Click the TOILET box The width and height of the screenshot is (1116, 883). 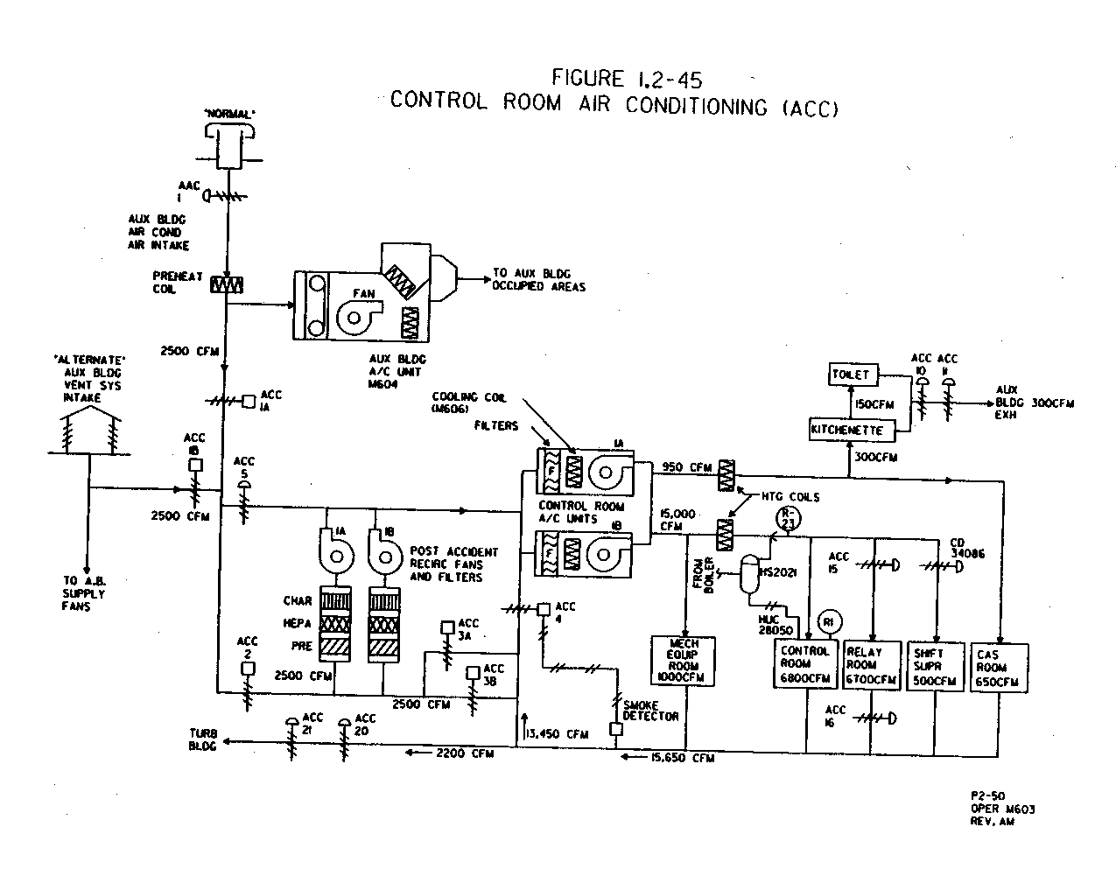[x=851, y=375]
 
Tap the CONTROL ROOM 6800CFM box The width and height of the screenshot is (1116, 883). [x=804, y=664]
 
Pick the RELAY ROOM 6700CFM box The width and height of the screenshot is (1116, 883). [x=870, y=666]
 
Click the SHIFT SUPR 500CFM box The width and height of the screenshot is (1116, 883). [x=935, y=667]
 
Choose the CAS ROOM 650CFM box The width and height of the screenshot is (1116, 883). [x=1000, y=668]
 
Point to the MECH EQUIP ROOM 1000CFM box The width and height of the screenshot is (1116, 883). [x=684, y=661]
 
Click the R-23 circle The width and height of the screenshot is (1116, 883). [x=789, y=517]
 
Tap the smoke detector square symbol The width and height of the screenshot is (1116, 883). [x=616, y=728]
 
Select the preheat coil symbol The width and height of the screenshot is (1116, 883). [x=227, y=284]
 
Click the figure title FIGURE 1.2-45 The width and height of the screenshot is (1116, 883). [x=626, y=79]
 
